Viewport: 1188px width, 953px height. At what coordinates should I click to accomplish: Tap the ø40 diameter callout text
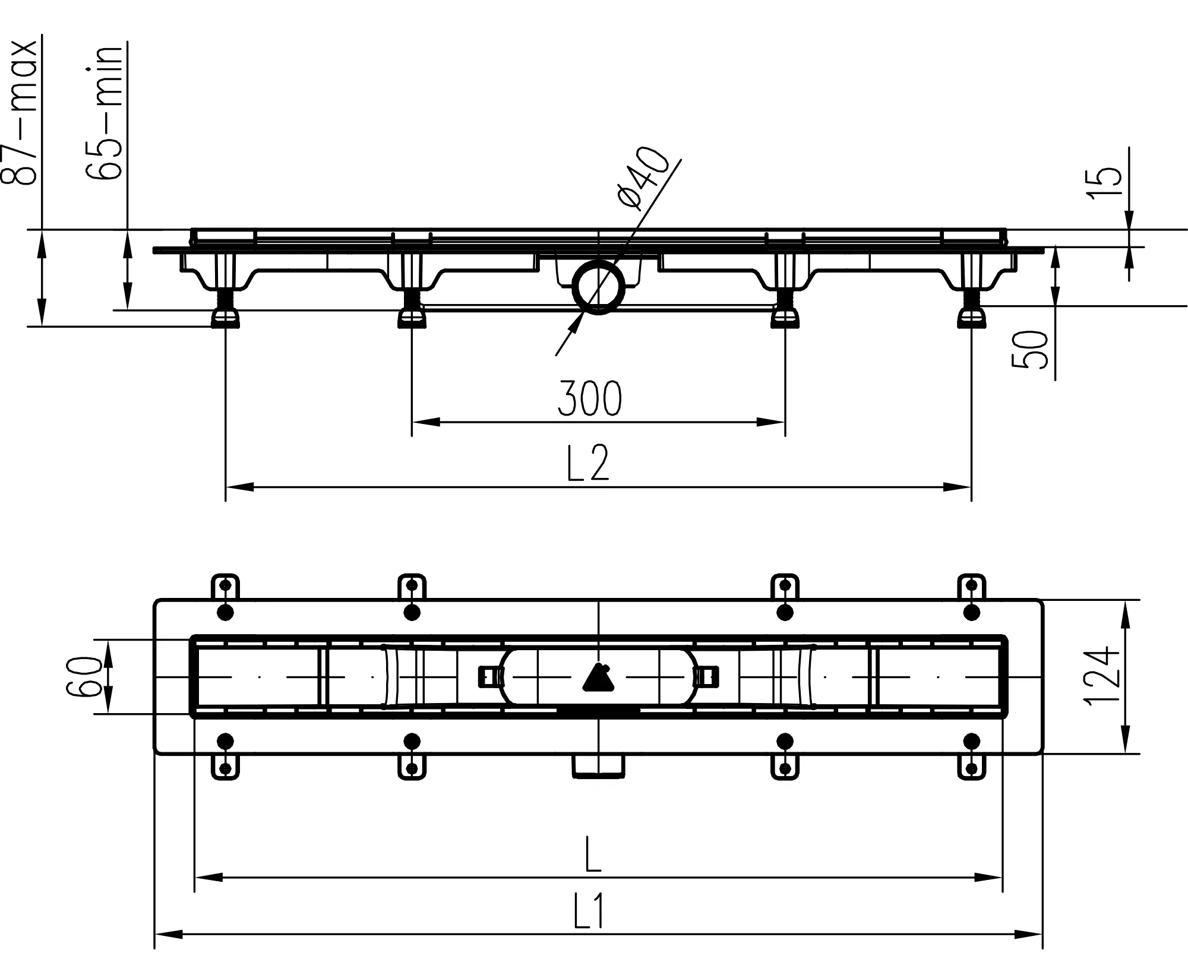[643, 178]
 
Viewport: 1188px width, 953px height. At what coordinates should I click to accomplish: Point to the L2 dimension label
[588, 463]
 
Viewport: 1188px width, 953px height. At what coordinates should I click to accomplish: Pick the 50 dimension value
[1030, 350]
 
